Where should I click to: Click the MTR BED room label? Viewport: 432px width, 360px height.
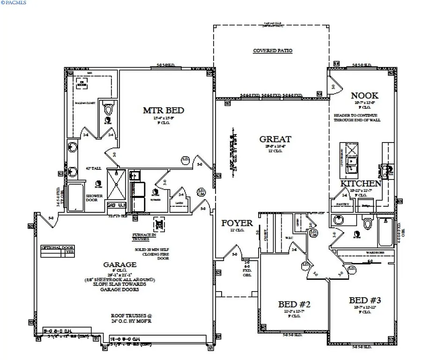tap(163, 111)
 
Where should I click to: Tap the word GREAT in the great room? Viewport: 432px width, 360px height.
tap(276, 139)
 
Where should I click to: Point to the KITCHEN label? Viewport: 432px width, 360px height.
tap(361, 183)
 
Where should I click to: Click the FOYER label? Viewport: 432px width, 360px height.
tap(237, 223)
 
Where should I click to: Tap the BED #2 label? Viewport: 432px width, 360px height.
tap(294, 304)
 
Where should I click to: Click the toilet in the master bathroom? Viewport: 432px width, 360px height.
tap(109, 110)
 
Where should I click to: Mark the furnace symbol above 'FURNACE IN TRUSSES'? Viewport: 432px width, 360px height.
tap(159, 224)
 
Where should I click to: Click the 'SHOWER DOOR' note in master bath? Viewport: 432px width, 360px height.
tap(92, 198)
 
